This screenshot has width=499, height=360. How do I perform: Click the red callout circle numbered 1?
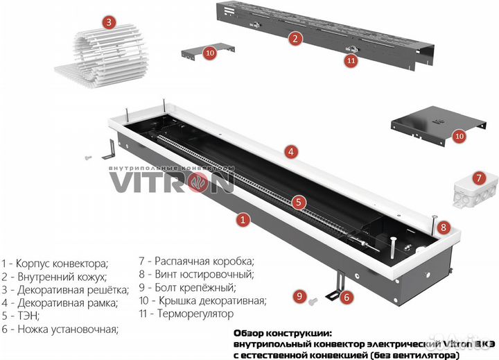click(x=243, y=220)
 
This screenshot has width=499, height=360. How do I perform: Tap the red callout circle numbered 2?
click(x=295, y=39)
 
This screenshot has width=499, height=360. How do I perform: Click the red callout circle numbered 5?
click(x=298, y=203)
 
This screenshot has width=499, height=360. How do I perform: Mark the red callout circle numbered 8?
click(x=444, y=226)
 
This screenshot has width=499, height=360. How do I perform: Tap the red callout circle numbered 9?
click(x=299, y=296)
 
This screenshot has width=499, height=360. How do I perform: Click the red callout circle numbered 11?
click(x=351, y=60)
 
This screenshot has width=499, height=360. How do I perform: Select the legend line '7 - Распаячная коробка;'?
click(x=197, y=261)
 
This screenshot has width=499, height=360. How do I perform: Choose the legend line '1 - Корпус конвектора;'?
click(x=55, y=263)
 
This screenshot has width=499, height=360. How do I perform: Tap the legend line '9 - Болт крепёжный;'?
click(x=187, y=287)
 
